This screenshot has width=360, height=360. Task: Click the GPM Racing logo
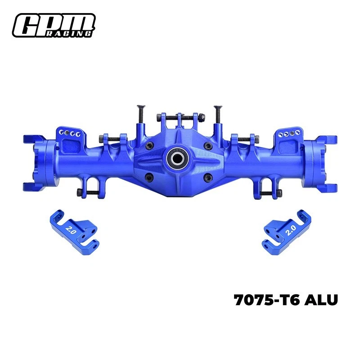click(x=54, y=25)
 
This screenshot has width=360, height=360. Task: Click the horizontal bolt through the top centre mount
click(x=179, y=118)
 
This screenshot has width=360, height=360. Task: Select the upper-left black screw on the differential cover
click(x=147, y=145)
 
